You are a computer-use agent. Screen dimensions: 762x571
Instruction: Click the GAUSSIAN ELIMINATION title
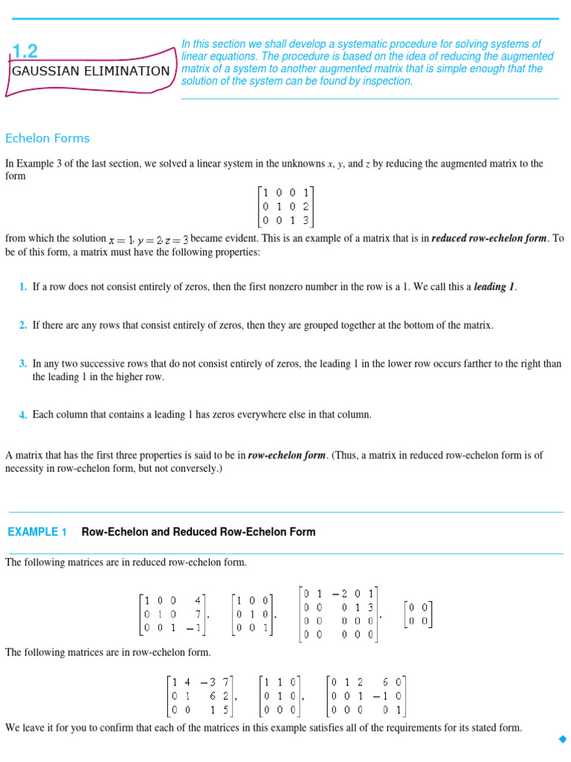pyautogui.click(x=90, y=71)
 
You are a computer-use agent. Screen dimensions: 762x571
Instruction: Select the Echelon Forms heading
pyautogui.click(x=48, y=138)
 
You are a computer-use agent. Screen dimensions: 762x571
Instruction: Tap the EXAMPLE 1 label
pyautogui.click(x=37, y=532)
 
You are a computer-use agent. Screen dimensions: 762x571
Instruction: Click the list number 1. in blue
pyautogui.click(x=24, y=286)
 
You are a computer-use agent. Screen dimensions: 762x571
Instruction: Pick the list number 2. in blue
pyautogui.click(x=24, y=325)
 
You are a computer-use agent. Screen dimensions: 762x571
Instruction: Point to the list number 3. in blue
pyautogui.click(x=24, y=364)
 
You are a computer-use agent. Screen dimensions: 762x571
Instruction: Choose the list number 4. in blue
pyautogui.click(x=24, y=415)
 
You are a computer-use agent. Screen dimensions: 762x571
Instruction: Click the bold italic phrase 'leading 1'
pyautogui.click(x=494, y=286)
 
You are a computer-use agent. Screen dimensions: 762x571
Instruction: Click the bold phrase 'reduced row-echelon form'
pyautogui.click(x=489, y=239)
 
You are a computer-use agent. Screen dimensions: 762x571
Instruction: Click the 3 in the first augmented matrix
pyautogui.click(x=306, y=220)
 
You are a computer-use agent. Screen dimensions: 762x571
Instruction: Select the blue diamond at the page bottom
pyautogui.click(x=561, y=739)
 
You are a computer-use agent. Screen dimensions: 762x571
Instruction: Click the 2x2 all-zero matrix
pyautogui.click(x=418, y=615)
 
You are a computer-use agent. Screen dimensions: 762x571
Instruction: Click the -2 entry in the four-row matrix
pyautogui.click(x=338, y=593)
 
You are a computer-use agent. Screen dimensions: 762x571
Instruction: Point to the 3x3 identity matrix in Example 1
pyautogui.click(x=253, y=614)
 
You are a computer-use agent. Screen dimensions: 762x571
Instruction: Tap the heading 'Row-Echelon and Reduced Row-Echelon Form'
pyautogui.click(x=198, y=532)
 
